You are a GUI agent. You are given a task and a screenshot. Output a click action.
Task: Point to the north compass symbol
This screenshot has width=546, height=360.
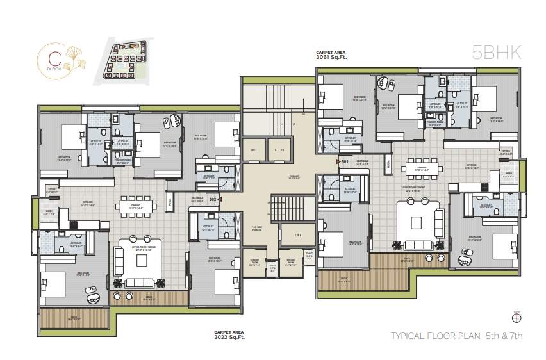coord(517,316)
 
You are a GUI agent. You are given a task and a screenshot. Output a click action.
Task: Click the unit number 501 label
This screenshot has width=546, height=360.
coord(344,161)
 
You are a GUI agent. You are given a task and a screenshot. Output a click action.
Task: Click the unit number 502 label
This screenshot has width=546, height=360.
coord(213,199)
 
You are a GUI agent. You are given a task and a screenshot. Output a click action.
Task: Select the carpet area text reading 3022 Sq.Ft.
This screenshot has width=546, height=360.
coord(228,334)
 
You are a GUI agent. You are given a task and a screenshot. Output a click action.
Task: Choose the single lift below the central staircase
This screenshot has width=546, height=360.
coord(298,235)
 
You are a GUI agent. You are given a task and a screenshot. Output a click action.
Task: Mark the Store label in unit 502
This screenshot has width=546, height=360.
coord(53,190)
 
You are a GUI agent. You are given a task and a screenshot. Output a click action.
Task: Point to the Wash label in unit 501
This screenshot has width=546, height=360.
coord(508,174)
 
